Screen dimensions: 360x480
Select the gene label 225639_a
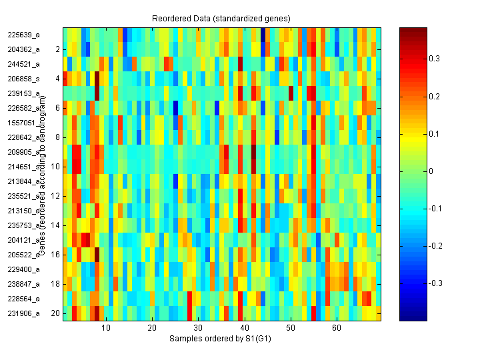(x=23, y=35)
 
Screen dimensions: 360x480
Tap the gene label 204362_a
(x=23, y=49)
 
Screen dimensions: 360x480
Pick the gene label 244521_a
(x=23, y=64)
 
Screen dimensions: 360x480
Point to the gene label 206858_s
(x=23, y=79)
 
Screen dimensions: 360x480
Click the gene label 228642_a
(x=23, y=137)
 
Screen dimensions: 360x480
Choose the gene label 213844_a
(x=23, y=181)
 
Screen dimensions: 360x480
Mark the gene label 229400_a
(x=23, y=269)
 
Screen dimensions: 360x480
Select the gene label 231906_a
(x=23, y=313)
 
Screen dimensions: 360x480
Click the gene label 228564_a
(x=23, y=299)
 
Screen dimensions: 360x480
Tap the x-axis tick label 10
(x=105, y=328)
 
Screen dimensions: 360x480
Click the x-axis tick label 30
(x=198, y=328)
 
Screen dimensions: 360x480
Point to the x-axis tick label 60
(x=337, y=328)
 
